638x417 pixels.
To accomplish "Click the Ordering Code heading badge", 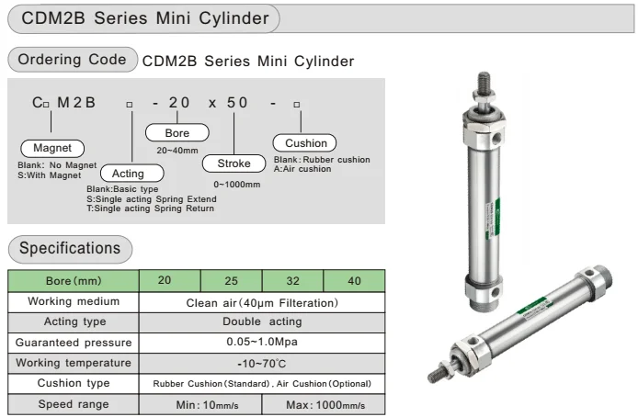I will click(73, 61).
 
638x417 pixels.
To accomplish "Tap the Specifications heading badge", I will click(70, 248).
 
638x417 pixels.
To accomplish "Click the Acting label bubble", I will click(128, 173).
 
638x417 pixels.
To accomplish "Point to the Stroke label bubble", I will click(233, 164).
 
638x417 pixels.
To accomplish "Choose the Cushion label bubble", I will click(305, 143).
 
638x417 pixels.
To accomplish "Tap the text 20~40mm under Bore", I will click(178, 150).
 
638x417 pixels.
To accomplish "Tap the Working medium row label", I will click(74, 301).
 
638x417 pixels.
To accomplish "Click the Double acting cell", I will click(262, 321).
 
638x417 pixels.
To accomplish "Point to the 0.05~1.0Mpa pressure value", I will click(262, 342).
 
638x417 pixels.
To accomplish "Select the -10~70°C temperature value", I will click(262, 363).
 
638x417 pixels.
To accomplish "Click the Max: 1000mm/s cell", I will click(324, 404).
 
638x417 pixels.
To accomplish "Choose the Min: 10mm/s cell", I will click(200, 404).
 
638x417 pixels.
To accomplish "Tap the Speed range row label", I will click(74, 404).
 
